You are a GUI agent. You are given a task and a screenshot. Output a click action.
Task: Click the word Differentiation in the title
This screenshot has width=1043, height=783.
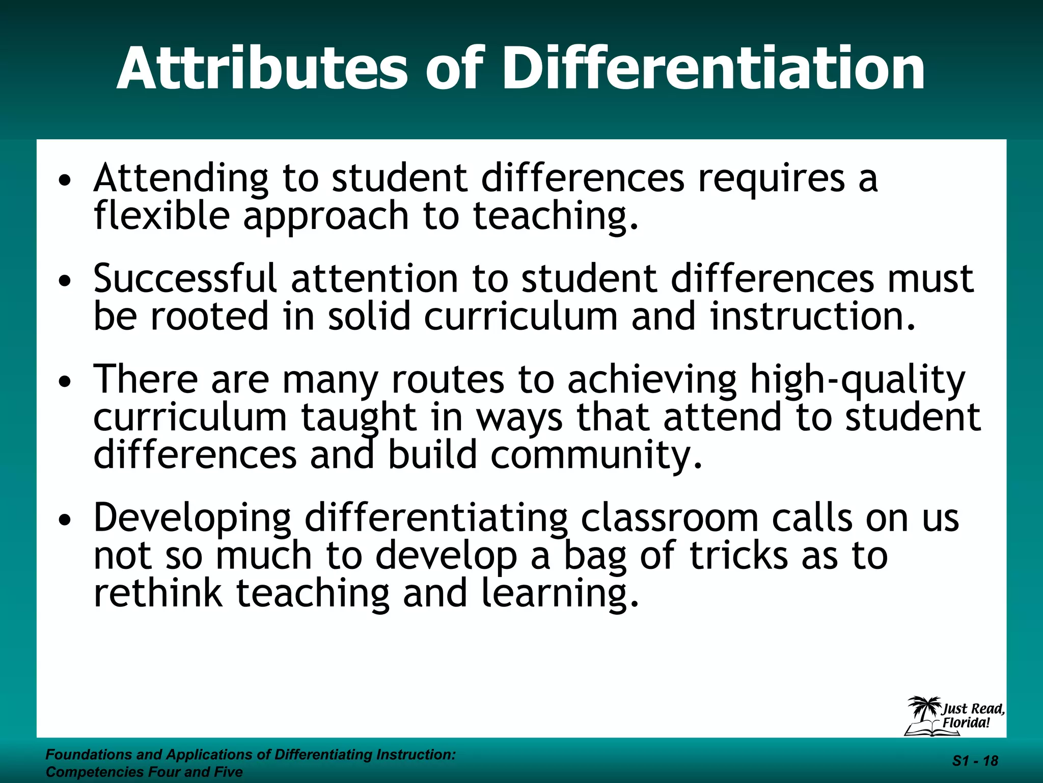713,69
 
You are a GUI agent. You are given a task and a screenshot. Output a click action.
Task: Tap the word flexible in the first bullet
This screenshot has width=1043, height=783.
161,215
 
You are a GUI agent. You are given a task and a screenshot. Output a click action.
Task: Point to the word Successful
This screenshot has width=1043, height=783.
185,279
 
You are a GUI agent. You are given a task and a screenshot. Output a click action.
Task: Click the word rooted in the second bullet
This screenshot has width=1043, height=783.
209,316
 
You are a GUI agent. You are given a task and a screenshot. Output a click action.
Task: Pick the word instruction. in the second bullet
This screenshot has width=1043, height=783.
813,316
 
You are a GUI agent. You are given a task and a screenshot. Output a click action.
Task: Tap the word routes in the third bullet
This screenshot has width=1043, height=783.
448,380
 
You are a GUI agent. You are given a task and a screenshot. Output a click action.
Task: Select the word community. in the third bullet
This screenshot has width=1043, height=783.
596,455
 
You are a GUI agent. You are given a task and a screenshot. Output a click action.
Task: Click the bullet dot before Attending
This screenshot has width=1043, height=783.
64,180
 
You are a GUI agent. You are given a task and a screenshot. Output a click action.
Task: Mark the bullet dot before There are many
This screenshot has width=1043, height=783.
64,382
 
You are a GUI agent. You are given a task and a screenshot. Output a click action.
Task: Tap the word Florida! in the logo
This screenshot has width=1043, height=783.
966,723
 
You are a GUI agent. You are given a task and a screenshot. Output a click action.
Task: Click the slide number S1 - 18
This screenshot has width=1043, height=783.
975,761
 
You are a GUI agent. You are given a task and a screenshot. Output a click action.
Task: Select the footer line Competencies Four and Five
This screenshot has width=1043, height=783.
144,772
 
